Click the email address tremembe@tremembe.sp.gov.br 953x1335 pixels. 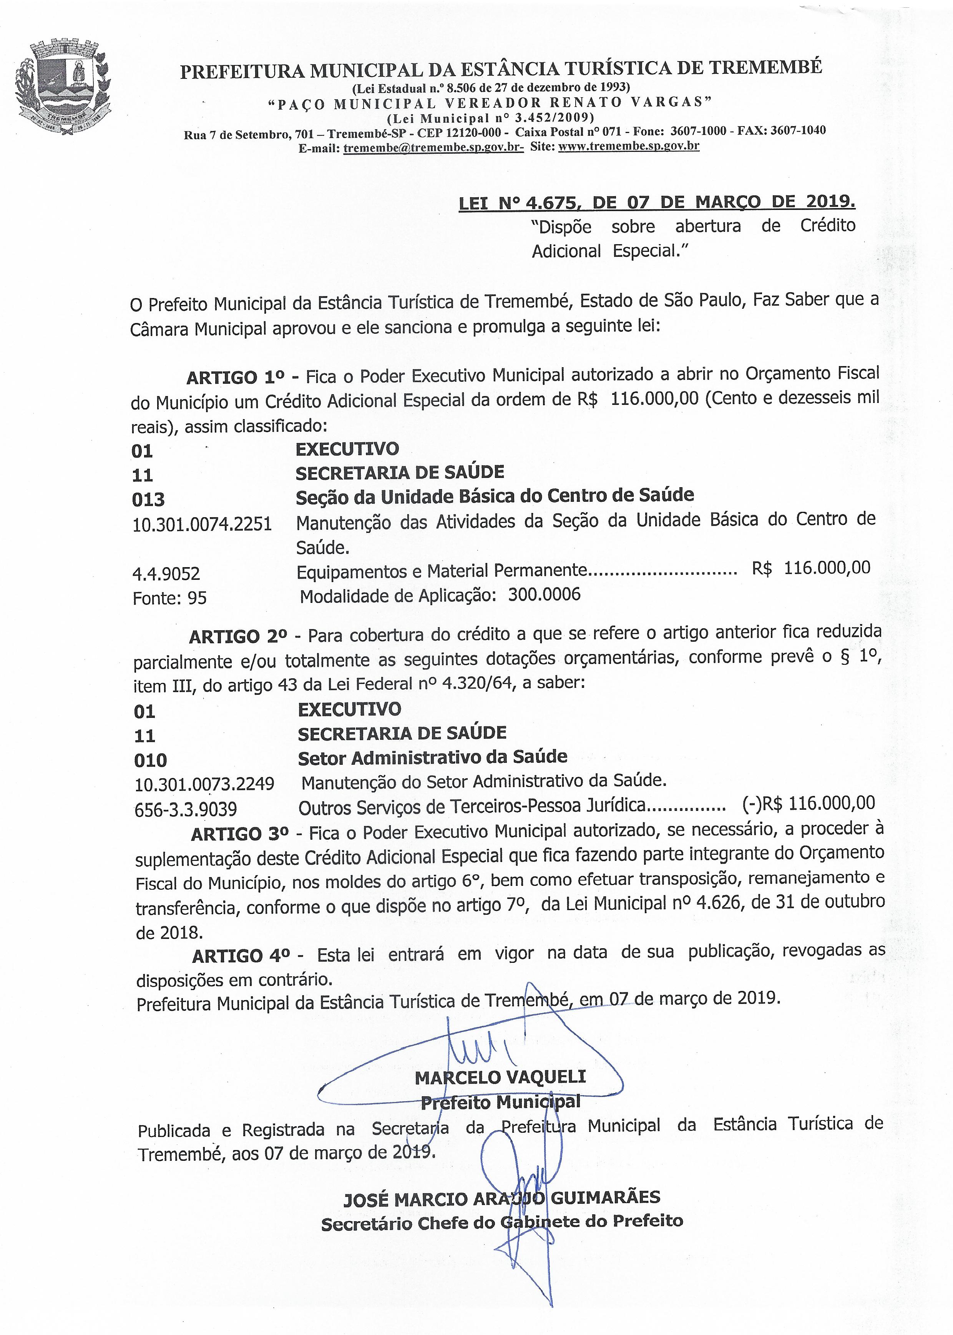(x=433, y=147)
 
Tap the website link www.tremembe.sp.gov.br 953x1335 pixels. (x=629, y=146)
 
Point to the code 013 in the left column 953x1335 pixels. (x=148, y=499)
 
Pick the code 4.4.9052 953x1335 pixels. (x=166, y=573)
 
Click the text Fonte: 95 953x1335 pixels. (x=169, y=598)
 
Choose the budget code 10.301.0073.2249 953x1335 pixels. (x=204, y=784)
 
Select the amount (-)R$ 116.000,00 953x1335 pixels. (x=808, y=803)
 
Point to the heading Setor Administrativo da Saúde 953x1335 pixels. (x=432, y=757)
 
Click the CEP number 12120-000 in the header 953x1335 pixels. (x=476, y=132)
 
